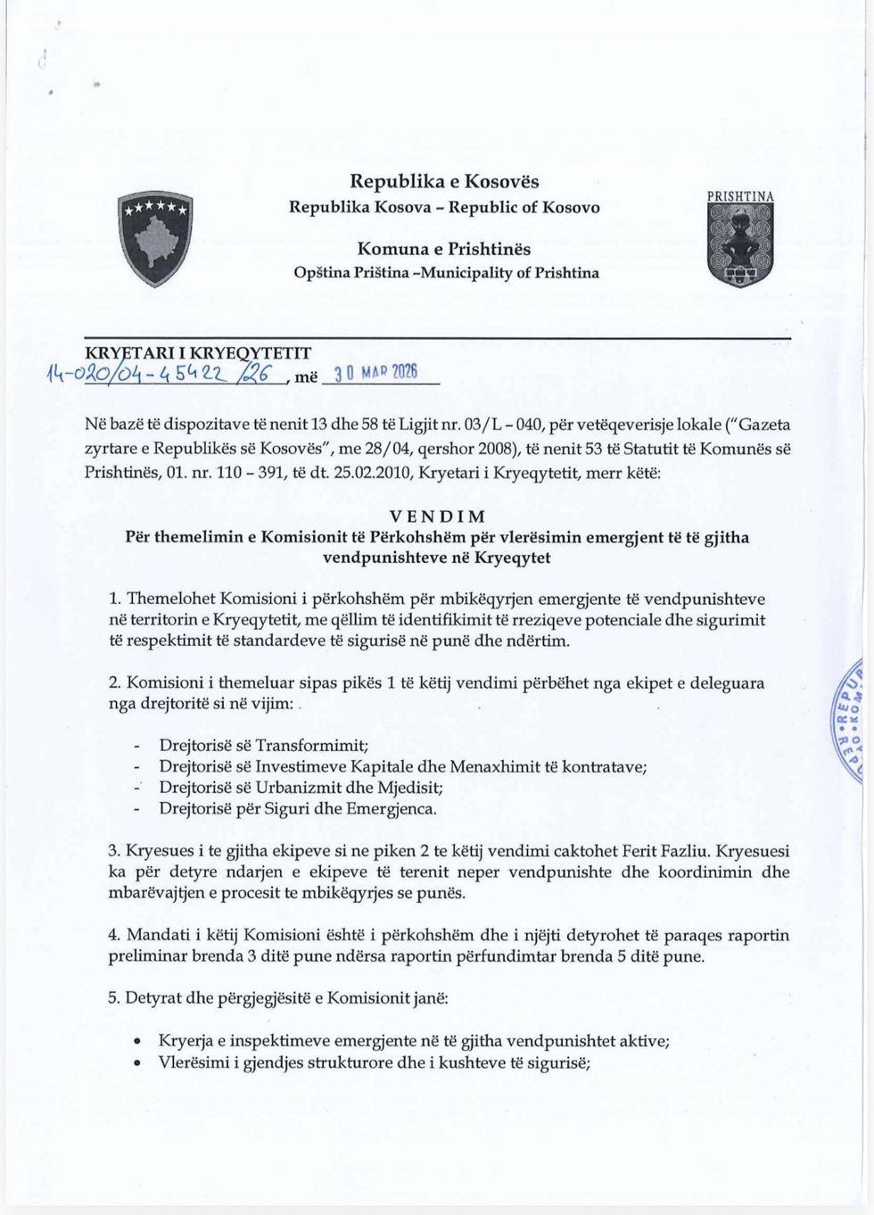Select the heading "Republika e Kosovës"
point(444,181)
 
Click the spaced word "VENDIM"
point(437,517)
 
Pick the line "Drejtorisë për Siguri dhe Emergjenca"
point(298,809)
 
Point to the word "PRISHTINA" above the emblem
point(740,196)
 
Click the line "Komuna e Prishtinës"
point(444,248)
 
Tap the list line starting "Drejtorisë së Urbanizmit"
point(301,788)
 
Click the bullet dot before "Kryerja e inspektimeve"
point(136,1041)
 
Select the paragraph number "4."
point(114,935)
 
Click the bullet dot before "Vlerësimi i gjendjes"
point(136,1062)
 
